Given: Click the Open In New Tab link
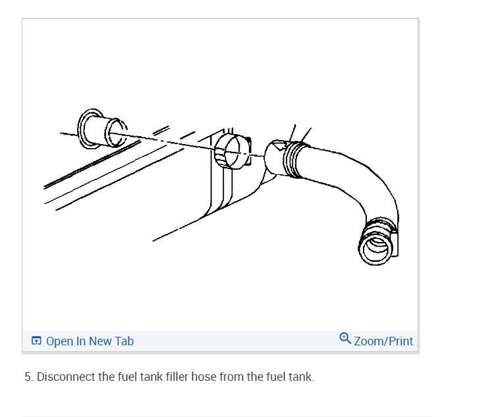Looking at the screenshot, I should (x=90, y=341).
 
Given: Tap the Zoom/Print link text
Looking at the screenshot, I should (x=383, y=341).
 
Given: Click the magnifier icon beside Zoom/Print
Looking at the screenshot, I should (x=345, y=339).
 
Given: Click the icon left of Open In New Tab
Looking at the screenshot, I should (x=36, y=341).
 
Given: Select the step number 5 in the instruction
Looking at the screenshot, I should (x=28, y=378).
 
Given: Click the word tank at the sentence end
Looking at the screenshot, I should (x=302, y=378).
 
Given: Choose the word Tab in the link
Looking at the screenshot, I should (x=124, y=341).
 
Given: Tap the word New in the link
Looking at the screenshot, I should (x=101, y=341).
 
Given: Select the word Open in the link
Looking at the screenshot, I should (x=59, y=341).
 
